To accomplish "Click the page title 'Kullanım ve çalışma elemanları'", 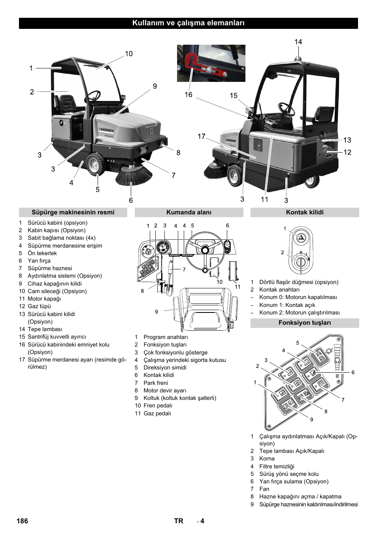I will point(188,23).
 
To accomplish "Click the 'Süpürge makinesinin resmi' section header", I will point(73,212).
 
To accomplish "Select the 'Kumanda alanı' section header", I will point(188,212).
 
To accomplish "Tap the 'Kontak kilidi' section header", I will point(304,212).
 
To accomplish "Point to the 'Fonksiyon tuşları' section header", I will point(304,323).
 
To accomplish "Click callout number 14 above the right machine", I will point(298,42).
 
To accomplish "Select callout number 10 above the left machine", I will point(129,54).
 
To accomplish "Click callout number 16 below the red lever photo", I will point(188,95).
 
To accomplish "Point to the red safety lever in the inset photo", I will point(202,65).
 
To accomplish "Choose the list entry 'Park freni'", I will point(155,383).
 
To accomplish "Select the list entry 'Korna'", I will point(267,458).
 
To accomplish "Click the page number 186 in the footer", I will point(23,521).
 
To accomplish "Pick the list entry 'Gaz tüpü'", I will point(39,306).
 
